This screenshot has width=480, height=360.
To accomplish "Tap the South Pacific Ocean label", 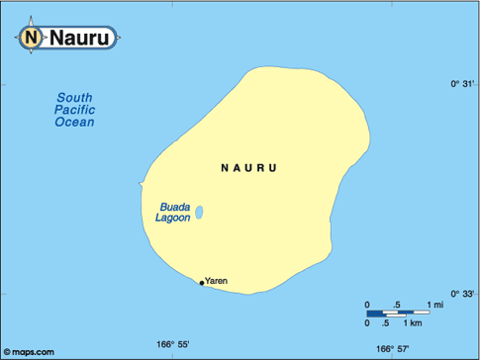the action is (x=74, y=110).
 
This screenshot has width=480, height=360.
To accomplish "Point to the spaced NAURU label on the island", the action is (x=248, y=169).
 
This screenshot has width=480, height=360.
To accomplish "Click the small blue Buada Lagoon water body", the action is (x=199, y=212).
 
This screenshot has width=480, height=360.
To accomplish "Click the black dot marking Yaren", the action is (x=202, y=283).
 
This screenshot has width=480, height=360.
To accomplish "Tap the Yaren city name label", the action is (x=217, y=281).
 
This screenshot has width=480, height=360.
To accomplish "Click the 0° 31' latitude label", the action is (x=463, y=85).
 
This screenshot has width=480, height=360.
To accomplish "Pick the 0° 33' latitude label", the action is (x=463, y=294).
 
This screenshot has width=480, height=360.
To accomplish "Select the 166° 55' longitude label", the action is (x=172, y=345).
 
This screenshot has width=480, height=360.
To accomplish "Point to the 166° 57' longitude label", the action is (x=393, y=348).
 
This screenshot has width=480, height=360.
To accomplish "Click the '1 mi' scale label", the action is (x=435, y=304).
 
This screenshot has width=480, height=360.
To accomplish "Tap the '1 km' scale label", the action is (x=416, y=323).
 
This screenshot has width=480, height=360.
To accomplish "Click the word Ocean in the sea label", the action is (x=74, y=123).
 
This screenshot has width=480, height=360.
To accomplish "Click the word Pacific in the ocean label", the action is (x=74, y=110).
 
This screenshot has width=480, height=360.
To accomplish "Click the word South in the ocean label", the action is (x=74, y=97).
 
